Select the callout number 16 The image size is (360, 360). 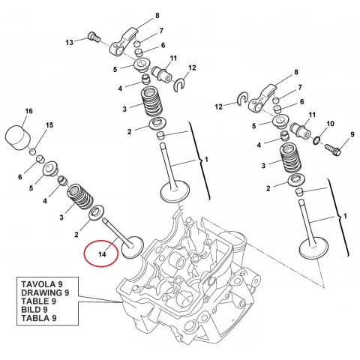point(28,111)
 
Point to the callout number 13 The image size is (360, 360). point(69,43)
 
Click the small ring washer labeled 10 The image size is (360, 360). point(319,139)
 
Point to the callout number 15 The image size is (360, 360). point(50,124)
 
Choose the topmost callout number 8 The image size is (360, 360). point(157,15)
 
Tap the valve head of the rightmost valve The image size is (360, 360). point(309,248)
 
